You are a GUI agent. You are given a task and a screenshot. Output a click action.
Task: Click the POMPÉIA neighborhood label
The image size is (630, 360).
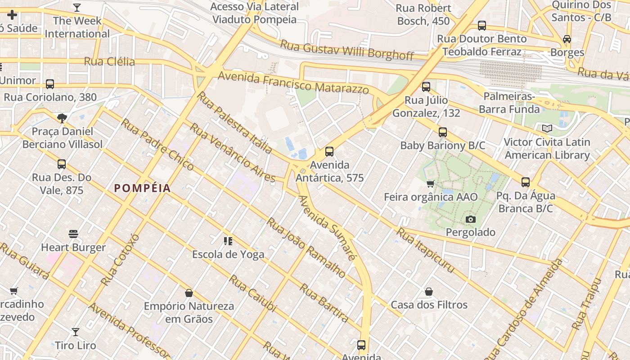(x=142, y=188)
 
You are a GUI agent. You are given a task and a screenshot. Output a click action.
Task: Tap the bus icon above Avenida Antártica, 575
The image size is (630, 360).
(x=329, y=152)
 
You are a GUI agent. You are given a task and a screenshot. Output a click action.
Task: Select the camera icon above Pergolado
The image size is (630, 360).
(x=471, y=219)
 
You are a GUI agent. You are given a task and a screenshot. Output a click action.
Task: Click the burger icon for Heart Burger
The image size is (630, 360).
(x=73, y=234)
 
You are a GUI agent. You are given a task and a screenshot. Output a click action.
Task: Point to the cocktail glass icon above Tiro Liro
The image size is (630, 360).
(x=76, y=332)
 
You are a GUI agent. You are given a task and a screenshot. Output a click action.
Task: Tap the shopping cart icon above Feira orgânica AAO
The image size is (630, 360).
(x=431, y=184)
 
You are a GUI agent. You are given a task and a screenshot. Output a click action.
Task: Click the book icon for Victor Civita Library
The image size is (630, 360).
(x=547, y=129)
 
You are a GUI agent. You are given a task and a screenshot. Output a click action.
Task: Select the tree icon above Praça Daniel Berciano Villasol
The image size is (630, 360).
(x=62, y=118)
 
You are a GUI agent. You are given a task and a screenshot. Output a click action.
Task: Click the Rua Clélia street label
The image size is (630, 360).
(x=109, y=61)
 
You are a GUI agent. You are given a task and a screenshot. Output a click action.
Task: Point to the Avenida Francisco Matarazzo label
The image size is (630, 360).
(x=293, y=83)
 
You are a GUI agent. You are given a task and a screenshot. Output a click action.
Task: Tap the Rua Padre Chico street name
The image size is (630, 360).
(x=157, y=144)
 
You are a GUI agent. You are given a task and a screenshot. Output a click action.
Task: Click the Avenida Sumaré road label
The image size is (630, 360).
(x=327, y=227)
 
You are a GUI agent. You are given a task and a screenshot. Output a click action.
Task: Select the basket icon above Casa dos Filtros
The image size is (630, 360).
(x=429, y=292)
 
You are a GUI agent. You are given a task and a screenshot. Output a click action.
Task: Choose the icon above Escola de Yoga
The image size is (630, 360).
(x=228, y=241)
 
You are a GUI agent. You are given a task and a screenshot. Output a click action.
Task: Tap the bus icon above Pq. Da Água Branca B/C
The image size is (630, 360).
(x=526, y=182)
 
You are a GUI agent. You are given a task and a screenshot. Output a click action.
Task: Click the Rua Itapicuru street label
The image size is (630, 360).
(x=425, y=250)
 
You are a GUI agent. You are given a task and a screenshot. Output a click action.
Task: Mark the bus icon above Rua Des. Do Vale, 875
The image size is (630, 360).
(x=62, y=164)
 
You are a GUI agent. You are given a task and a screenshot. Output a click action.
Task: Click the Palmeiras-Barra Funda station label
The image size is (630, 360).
(x=509, y=103)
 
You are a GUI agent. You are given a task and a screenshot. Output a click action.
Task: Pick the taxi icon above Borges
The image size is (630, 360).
(x=567, y=39)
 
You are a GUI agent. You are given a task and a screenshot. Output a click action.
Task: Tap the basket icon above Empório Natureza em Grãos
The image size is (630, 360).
(x=189, y=293)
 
